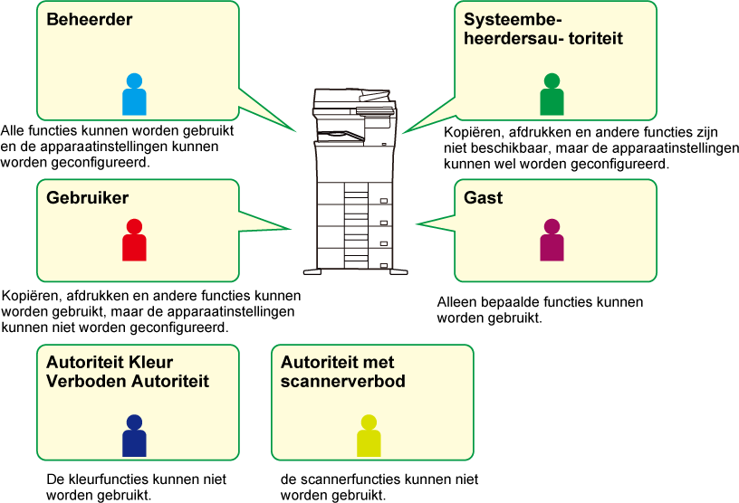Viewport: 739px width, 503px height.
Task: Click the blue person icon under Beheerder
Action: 134,94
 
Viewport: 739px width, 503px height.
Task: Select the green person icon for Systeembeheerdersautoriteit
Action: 552,94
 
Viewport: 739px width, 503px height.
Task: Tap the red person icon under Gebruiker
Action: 134,240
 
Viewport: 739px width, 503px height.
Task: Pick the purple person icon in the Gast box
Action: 552,240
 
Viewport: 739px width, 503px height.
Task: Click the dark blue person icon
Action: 134,436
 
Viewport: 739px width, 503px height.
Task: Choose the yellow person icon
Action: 369,436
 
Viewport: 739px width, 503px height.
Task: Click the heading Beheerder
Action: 89,19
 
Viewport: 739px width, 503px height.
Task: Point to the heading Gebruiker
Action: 87,198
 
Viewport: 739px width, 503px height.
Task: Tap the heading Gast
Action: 483,198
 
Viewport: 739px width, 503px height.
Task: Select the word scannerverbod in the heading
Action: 343,381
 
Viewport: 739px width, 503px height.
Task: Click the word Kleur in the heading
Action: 150,362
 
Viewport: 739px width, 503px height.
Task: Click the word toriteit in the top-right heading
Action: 596,38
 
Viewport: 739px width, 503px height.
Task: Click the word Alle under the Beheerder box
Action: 13,130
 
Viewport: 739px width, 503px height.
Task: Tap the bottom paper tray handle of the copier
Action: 384,266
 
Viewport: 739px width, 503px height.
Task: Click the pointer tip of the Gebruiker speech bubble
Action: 291,230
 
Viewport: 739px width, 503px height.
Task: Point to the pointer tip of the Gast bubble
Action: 417,224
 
